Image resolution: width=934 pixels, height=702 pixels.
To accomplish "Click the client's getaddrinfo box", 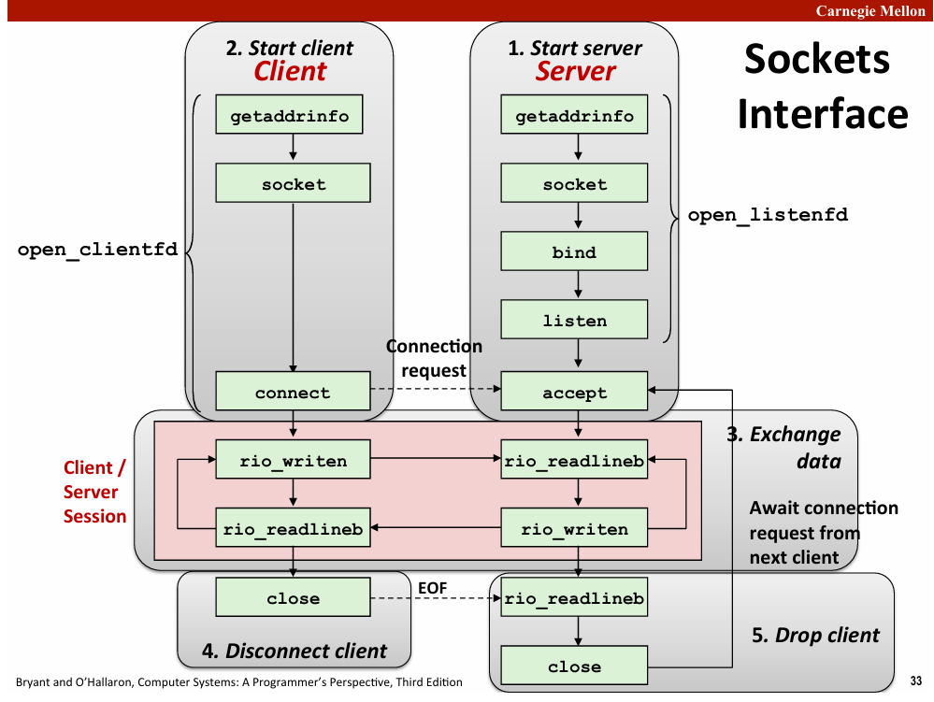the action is pos(289,114).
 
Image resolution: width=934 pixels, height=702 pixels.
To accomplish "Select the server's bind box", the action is pos(574,251).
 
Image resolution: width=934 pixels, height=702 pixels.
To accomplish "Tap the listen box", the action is pos(574,320).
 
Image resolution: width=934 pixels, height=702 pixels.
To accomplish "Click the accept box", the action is pos(574,391).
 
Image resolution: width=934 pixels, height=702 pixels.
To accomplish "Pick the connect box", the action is pos(293,391).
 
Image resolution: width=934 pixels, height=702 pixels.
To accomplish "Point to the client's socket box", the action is pos(293,183).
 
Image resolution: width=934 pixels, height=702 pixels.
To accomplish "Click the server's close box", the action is pos(574,666).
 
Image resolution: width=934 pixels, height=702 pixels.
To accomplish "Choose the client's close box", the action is pos(293,597).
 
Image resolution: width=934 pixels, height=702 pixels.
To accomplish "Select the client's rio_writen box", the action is pos(293,460).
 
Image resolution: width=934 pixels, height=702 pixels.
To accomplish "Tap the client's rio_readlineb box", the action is pos(293,527).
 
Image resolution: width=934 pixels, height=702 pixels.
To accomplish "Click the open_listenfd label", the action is pos(768,215).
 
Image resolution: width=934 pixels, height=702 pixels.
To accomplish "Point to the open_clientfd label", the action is pos(97,250).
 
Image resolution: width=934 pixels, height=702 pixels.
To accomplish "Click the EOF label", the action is pos(433,588).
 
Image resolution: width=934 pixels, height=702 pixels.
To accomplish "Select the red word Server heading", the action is pos(575,71).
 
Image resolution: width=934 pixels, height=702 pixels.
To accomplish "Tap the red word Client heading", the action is pos(290,71).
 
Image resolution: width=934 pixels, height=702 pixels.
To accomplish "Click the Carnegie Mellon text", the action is pos(870,10).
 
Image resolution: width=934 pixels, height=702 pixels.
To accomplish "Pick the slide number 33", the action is pos(916,681).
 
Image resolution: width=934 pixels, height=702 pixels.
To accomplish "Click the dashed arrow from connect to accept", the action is pos(436,389).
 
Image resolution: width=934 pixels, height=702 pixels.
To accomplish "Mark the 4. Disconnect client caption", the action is pos(295,651).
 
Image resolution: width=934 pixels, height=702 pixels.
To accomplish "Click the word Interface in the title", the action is pos(823,114).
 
